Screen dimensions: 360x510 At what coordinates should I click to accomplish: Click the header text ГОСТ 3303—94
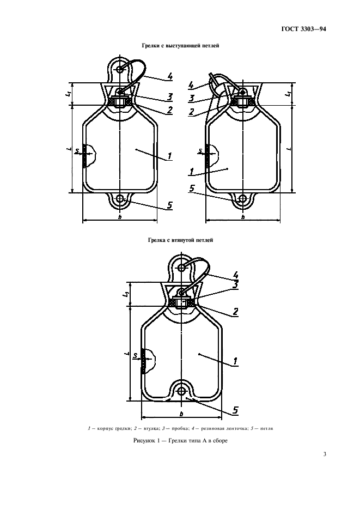click(303, 29)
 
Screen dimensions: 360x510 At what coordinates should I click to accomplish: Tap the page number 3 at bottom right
click(325, 454)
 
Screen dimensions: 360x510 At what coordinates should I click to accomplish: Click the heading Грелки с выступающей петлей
click(180, 46)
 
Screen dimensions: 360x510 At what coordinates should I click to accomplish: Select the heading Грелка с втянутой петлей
click(180, 240)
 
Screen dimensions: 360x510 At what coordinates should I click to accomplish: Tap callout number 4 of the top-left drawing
click(170, 76)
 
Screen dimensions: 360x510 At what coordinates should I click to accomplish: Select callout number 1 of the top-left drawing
click(170, 156)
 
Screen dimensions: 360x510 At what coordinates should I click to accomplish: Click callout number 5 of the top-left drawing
click(170, 205)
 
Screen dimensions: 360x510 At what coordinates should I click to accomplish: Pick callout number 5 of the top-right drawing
click(192, 189)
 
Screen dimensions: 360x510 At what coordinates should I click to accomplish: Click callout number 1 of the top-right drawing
click(192, 171)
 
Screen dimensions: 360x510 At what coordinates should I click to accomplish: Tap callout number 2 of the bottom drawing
click(235, 312)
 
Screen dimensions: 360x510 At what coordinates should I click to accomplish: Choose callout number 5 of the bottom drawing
click(235, 410)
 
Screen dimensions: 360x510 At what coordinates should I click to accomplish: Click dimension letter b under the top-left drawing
click(120, 217)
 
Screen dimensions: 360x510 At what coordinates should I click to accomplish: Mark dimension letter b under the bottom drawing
click(181, 414)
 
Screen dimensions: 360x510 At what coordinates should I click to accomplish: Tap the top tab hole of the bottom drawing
click(181, 268)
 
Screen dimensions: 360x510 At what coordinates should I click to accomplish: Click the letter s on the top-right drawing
click(200, 150)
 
